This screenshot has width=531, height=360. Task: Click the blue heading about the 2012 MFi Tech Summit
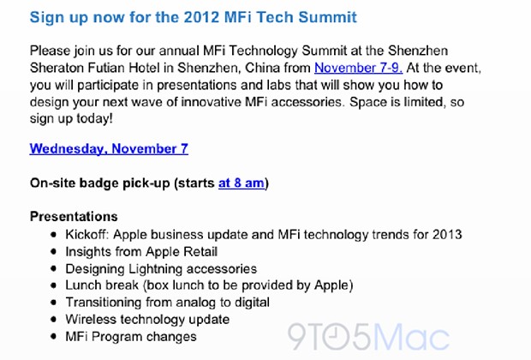pos(194,18)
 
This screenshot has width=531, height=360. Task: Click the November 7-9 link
pos(358,68)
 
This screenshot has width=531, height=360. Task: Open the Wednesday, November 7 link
pos(109,149)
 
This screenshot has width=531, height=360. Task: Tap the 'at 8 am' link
pos(242,183)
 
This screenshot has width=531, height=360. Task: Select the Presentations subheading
pos(74,217)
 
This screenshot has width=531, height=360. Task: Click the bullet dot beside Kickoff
pos(53,234)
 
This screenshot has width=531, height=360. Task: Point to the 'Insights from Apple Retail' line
pos(141,251)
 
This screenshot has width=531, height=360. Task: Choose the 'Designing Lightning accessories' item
pos(161,269)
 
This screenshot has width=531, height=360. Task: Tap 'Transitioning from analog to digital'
pos(168,302)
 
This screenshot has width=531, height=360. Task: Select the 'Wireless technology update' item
pos(147,320)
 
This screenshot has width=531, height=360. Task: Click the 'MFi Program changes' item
pos(131,337)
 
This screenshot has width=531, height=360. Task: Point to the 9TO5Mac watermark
pos(368,337)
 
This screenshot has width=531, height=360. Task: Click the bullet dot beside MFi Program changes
pos(53,337)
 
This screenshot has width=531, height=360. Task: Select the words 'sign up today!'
pos(71,118)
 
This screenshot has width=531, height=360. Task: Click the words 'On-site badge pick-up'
pos(100,183)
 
